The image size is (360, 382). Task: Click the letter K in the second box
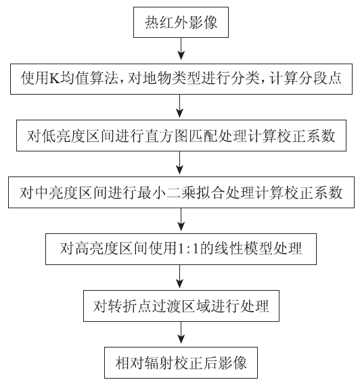55,78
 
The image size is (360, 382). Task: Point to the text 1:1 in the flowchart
189,249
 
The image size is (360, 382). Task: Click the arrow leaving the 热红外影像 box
181,49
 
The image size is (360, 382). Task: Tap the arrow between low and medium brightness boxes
180,162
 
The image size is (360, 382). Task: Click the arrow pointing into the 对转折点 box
180,276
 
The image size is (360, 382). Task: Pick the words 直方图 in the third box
167,136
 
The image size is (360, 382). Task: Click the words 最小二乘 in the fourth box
167,193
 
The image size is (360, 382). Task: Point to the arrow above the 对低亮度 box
180,106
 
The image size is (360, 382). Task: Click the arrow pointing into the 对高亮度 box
181,219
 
